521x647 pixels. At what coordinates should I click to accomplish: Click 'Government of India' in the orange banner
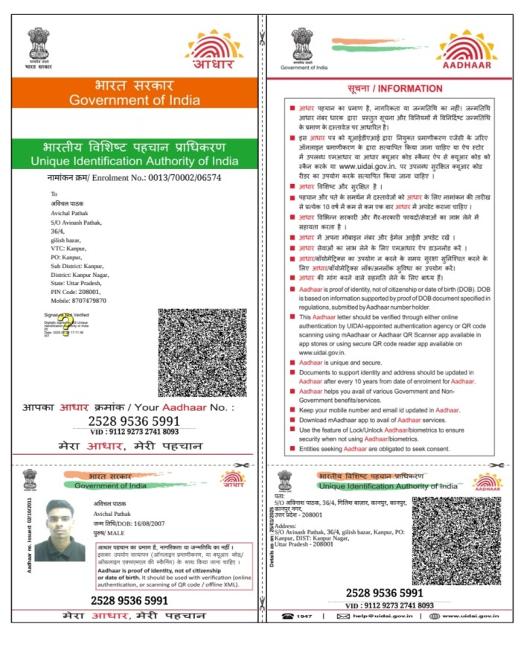click(x=134, y=100)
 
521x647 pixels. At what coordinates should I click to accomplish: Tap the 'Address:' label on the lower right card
click(x=287, y=525)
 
